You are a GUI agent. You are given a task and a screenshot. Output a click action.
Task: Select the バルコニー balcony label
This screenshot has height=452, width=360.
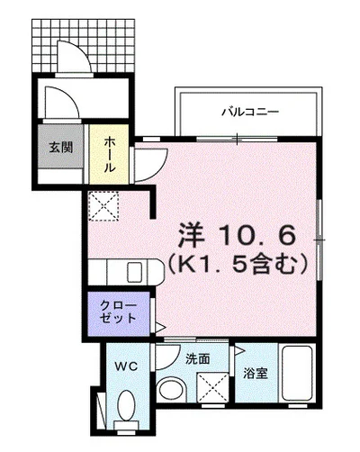(250, 113)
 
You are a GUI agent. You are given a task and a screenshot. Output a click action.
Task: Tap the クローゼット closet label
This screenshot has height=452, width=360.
(118, 311)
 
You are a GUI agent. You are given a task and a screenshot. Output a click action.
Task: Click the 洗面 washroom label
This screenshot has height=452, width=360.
(198, 357)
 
